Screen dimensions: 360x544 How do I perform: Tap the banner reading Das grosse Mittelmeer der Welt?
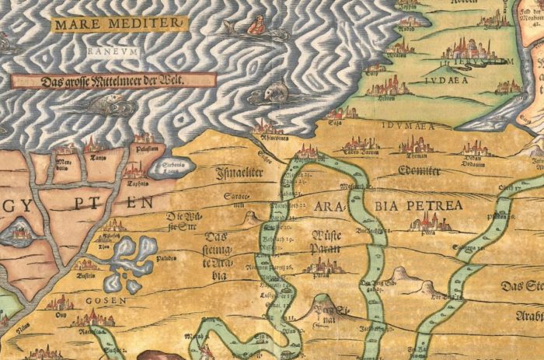tap(114, 80)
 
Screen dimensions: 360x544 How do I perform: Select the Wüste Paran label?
tap(325, 242)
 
